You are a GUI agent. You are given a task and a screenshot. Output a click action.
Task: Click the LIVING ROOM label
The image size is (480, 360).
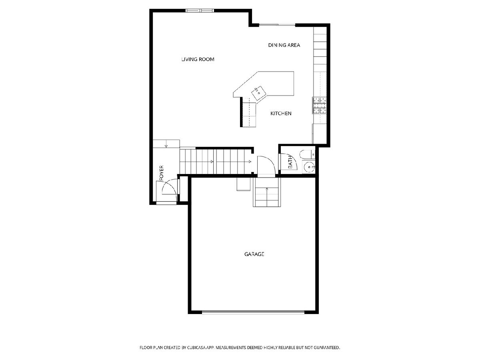(198, 59)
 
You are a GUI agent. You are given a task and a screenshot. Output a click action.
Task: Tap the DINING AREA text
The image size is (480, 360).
(284, 45)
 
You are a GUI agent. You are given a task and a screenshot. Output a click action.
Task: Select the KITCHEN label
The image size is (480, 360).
(281, 114)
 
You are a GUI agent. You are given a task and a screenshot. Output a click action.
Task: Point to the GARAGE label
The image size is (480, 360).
(254, 254)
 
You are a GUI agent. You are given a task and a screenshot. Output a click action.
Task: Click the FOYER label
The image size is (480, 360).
(161, 173)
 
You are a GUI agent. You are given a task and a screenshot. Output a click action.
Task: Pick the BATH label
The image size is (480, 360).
(290, 162)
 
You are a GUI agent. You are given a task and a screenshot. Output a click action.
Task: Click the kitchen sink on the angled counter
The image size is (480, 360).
(259, 93)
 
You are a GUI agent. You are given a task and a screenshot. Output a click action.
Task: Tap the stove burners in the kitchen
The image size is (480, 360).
(320, 106)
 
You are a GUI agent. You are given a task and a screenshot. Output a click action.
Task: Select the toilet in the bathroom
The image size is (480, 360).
(308, 154)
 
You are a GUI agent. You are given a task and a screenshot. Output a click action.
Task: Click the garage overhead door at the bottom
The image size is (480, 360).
(253, 312)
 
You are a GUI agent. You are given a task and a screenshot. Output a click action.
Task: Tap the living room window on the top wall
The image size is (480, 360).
(200, 10)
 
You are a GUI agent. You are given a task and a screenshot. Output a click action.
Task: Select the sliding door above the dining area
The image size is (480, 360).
(277, 25)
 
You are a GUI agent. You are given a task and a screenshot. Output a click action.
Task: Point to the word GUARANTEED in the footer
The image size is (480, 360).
(326, 347)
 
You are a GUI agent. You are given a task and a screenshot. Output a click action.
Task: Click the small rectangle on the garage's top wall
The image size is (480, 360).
(243, 184)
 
